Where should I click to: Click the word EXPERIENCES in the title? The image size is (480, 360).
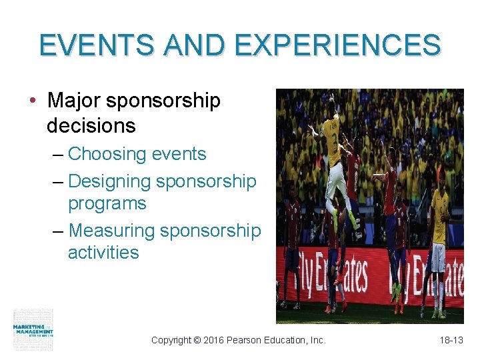pos(338,45)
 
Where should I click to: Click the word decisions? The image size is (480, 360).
pos(91,125)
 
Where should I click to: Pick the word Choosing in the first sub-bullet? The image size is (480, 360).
pos(107,154)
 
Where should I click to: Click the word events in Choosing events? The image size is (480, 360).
pos(179,154)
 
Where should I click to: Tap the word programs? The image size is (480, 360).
pos(107,203)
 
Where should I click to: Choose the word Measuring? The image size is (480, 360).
pos(111,231)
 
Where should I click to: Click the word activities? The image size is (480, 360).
pos(103,253)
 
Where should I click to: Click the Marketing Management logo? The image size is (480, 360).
pos(33,329)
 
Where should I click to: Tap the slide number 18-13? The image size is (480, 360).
pos(451,340)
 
